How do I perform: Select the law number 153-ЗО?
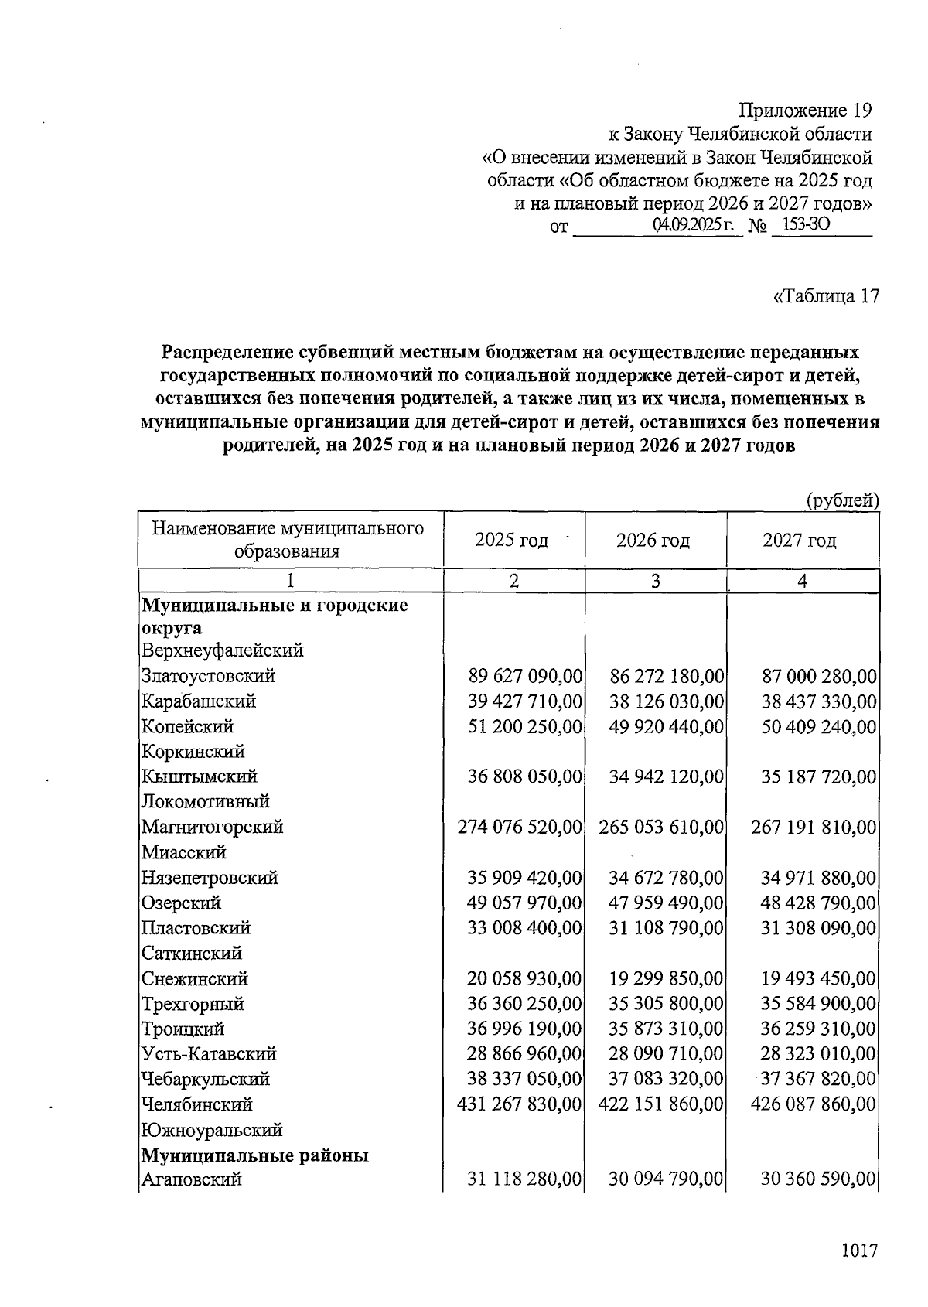pos(806,226)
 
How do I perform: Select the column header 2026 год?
pos(653,540)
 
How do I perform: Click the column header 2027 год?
pos(800,540)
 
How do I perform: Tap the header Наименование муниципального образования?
pos(288,539)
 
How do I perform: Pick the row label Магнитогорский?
pos(212,827)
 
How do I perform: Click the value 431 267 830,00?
pos(519,1104)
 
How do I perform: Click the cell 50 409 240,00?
pos(819,727)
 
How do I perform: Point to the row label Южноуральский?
pos(211,1130)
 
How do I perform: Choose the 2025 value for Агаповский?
pos(524,1180)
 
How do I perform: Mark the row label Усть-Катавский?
pos(208,1054)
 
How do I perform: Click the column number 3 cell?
pos(655,582)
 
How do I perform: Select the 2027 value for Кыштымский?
pos(819,776)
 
